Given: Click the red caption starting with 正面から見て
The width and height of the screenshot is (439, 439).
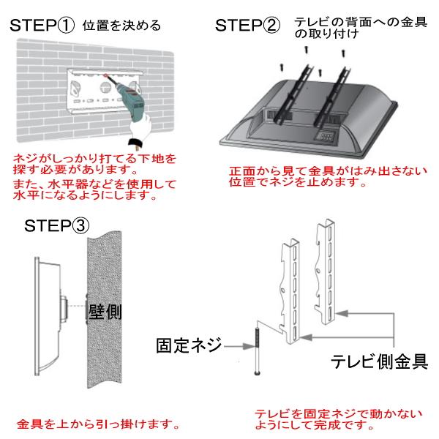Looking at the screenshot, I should (x=322, y=176).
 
